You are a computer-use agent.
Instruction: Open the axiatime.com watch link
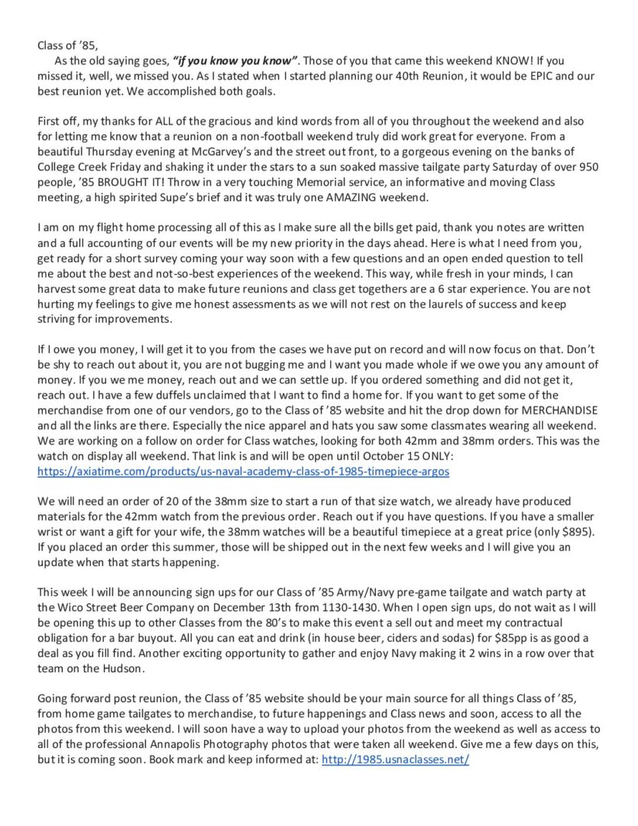click(x=244, y=471)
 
